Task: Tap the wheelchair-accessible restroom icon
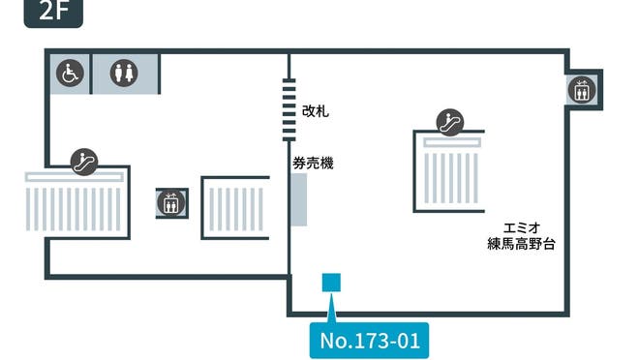pyautogui.click(x=69, y=73)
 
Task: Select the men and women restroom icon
pyautogui.click(x=124, y=73)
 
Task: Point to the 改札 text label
pyautogui.click(x=316, y=111)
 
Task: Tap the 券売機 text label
pyautogui.click(x=313, y=164)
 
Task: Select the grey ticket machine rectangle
pyautogui.click(x=298, y=201)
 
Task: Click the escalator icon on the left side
pyautogui.click(x=84, y=159)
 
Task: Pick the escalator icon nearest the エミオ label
pyautogui.click(x=449, y=122)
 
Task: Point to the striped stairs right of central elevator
pyautogui.click(x=235, y=207)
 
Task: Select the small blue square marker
pyautogui.click(x=331, y=282)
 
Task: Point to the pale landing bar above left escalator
pyautogui.click(x=76, y=175)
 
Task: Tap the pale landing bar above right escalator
pyautogui.click(x=448, y=141)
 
